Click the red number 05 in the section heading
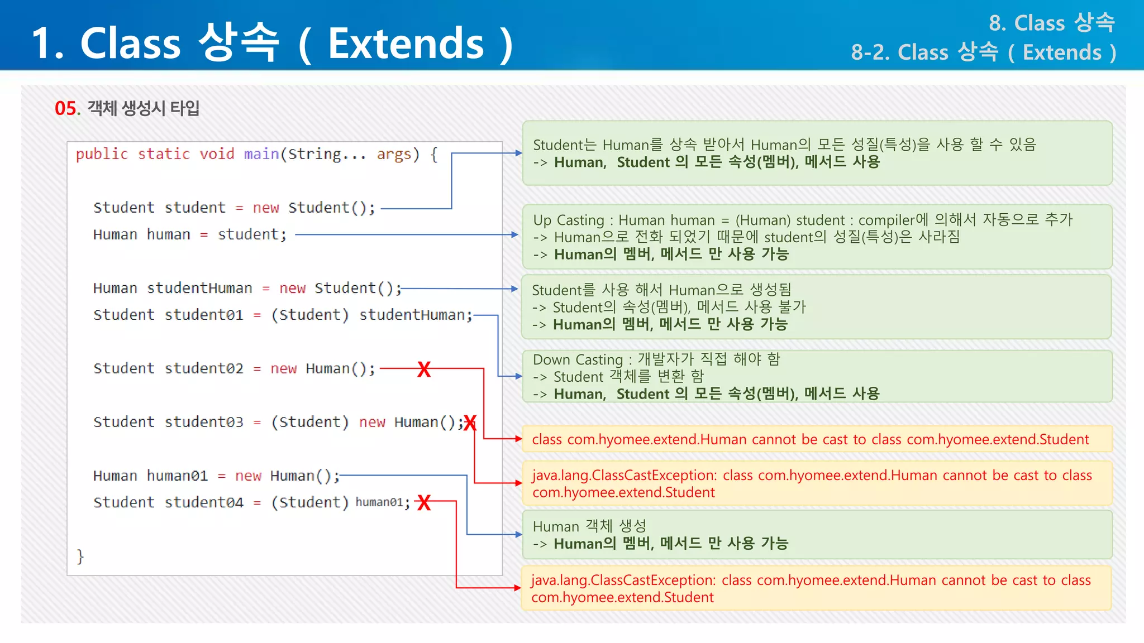tap(66, 108)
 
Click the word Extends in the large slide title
tap(406, 44)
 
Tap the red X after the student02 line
tap(424, 369)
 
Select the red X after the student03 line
tap(470, 423)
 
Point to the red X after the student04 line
tap(425, 503)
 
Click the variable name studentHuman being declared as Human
tap(199, 288)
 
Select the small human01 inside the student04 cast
tap(379, 502)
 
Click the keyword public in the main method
tap(102, 154)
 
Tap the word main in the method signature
tap(261, 154)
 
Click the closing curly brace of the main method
tap(80, 556)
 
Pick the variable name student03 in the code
tap(204, 422)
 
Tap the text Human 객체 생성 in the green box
tap(589, 526)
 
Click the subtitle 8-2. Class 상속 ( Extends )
tap(983, 52)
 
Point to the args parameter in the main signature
tap(394, 154)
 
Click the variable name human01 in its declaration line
tap(177, 476)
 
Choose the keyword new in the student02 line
tap(283, 368)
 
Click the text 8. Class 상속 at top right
tap(1051, 23)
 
